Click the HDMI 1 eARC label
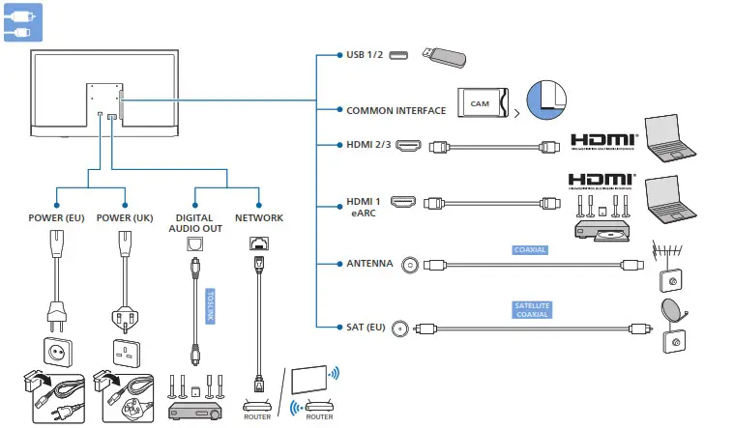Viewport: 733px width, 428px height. (365, 208)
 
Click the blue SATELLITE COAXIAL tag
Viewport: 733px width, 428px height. (531, 309)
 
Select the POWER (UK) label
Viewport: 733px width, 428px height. (127, 217)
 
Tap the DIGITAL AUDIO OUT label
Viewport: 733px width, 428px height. (194, 223)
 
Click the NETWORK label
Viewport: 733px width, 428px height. (259, 217)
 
